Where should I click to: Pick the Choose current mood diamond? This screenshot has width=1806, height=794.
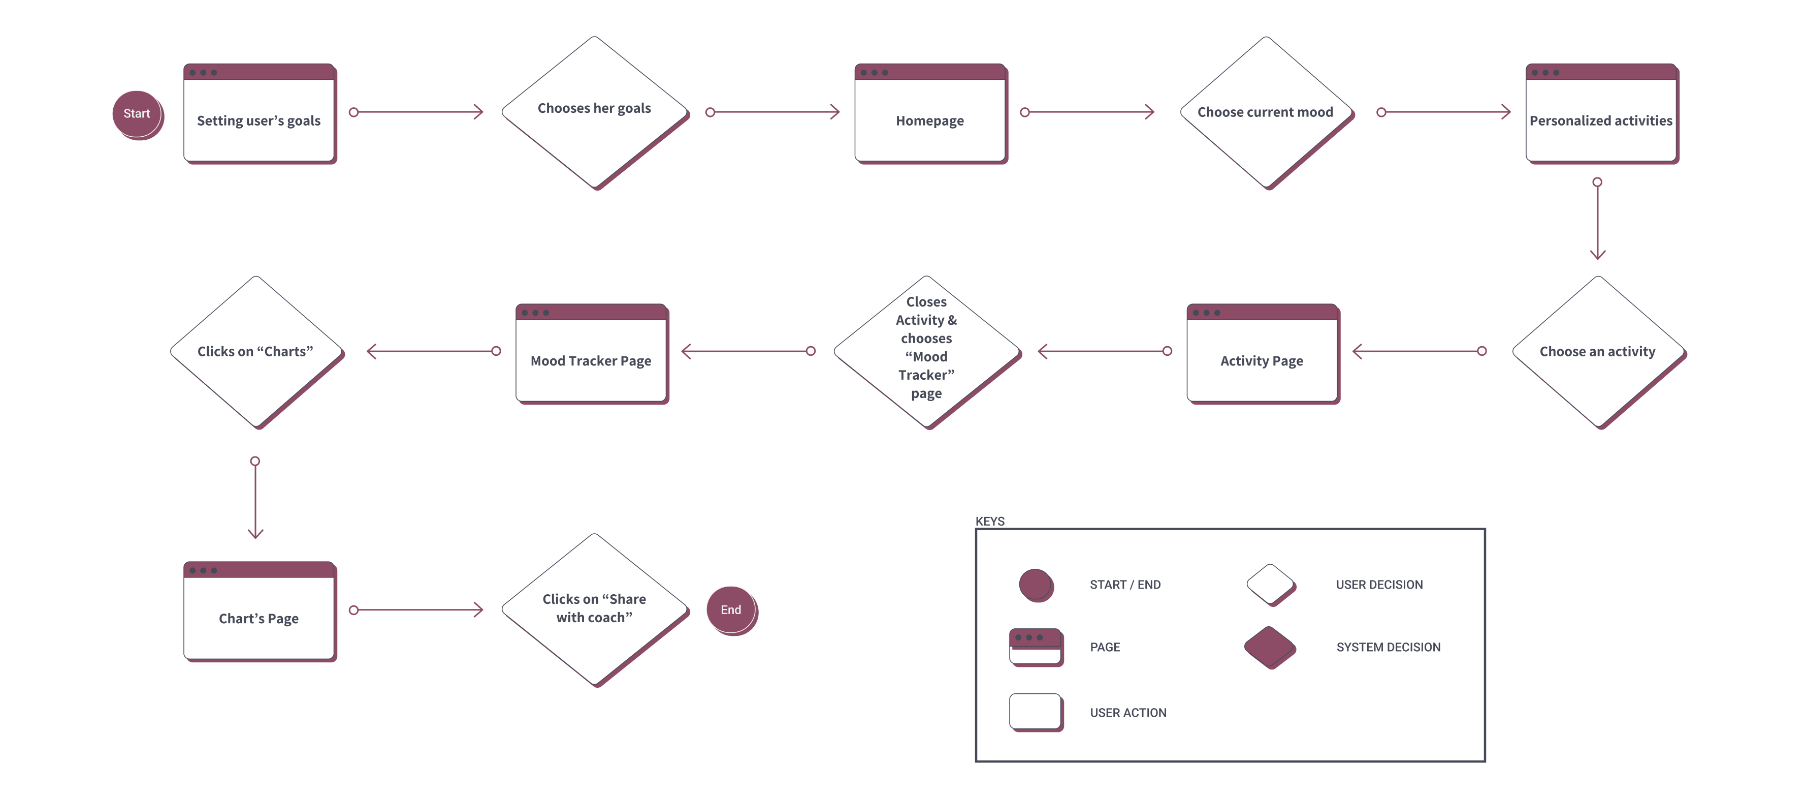click(1266, 112)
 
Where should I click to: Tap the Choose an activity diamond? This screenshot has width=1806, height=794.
click(1598, 351)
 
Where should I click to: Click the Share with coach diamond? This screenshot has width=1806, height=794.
click(595, 608)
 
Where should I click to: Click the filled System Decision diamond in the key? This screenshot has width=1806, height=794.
click(1269, 647)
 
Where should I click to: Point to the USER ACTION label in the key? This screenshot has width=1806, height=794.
click(1128, 713)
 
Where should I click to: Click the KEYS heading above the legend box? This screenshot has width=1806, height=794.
click(990, 521)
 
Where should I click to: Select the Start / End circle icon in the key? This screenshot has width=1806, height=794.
click(1036, 585)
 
